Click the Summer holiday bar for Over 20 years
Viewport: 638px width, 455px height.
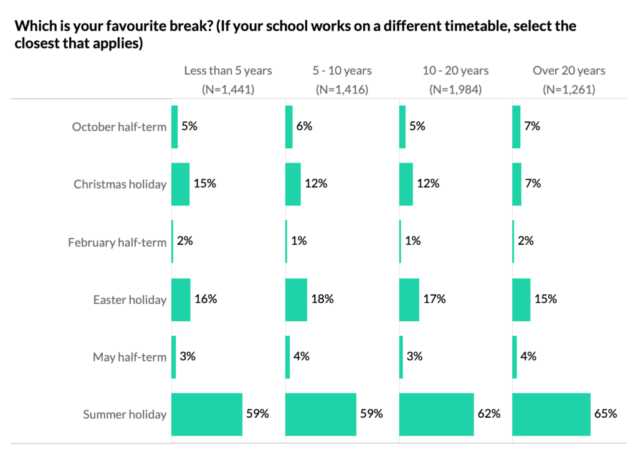[x=551, y=415]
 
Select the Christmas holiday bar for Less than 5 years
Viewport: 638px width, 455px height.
[x=180, y=184]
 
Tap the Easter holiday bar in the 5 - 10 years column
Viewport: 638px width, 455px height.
[x=296, y=299]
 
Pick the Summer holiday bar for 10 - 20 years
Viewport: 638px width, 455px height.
[x=436, y=415]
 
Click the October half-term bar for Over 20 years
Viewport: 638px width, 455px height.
[x=516, y=127]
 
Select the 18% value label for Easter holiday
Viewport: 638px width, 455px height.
[x=322, y=299]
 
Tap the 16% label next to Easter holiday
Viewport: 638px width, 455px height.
[x=205, y=299]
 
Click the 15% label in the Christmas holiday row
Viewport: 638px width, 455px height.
[x=204, y=184]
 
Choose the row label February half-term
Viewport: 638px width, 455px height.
[x=117, y=242]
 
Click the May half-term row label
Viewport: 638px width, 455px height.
[x=130, y=357]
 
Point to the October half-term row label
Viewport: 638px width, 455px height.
[x=119, y=127]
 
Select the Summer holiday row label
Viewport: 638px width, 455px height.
[x=125, y=415]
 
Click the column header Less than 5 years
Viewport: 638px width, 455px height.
[x=228, y=71]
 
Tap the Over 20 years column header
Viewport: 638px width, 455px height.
[x=569, y=71]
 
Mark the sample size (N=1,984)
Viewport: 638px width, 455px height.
[x=455, y=90]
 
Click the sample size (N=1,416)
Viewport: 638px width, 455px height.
[x=342, y=90]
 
